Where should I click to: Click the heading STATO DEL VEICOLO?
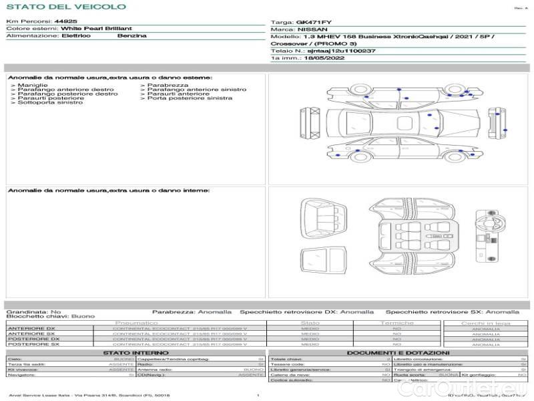point(66,7)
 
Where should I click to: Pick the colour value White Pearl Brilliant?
point(96,29)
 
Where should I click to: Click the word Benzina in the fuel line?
point(132,35)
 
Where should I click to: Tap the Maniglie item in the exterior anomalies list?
point(32,86)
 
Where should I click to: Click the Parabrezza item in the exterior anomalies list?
point(168,86)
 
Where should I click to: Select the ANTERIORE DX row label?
point(31,328)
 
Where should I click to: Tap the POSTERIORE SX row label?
point(33,345)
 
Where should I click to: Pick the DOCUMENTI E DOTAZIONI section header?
point(398,353)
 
